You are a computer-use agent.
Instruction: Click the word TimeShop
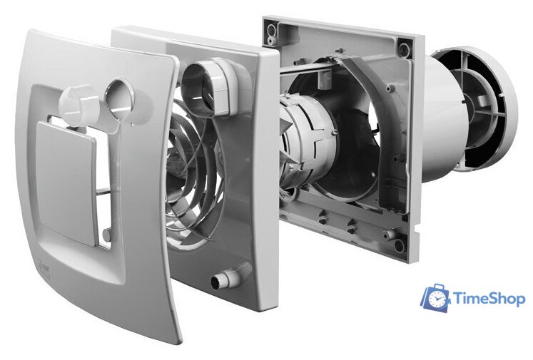click(x=489, y=299)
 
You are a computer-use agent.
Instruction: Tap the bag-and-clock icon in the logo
click(x=435, y=297)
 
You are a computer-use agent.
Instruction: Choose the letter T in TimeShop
click(x=459, y=299)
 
